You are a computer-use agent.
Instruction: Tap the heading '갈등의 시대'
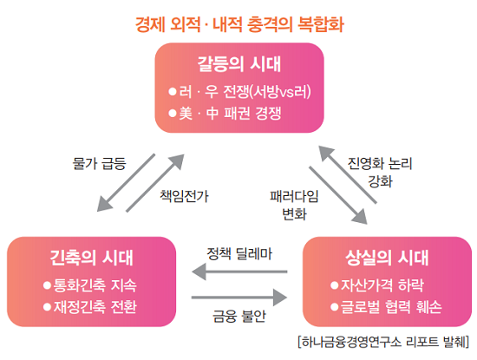239,64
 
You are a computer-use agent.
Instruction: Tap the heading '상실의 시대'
387,258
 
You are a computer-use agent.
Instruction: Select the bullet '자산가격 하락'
387,285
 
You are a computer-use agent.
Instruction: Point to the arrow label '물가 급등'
100,162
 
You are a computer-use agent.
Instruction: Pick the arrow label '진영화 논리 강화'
379,172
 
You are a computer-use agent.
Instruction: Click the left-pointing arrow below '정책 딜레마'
239,273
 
